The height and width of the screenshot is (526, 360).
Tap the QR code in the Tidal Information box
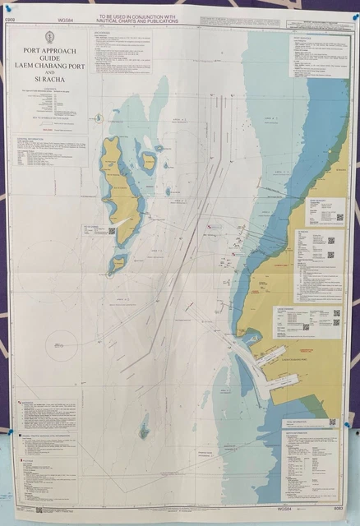coord(332,422)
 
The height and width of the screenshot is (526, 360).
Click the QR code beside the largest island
coord(111,231)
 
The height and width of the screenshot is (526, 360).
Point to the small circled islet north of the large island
coord(98,118)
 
